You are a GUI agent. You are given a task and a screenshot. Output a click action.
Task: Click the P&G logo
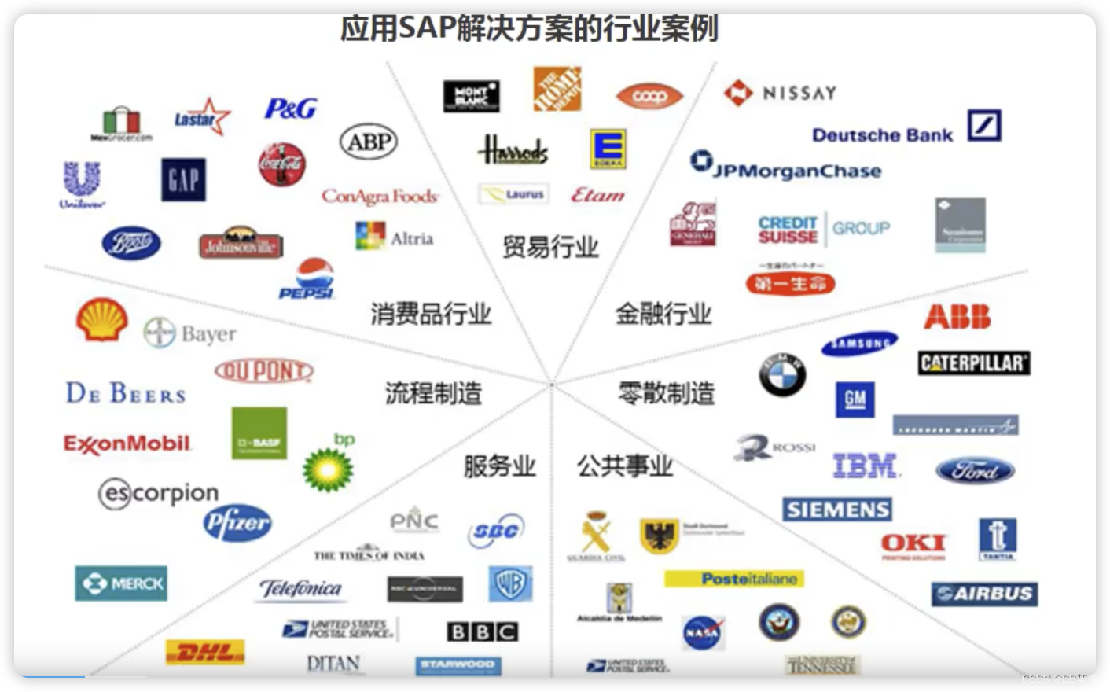point(291,109)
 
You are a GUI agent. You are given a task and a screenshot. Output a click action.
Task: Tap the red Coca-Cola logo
point(281,164)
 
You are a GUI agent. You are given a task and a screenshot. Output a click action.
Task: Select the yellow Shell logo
point(102,320)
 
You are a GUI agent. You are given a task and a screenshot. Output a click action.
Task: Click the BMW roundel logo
point(782,374)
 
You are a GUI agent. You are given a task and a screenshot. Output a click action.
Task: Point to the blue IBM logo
point(866,466)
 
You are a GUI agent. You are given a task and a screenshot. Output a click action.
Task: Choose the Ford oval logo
point(975,470)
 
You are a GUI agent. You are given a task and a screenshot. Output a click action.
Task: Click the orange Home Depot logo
point(557,89)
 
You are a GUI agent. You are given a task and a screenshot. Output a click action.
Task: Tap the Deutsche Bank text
point(882,135)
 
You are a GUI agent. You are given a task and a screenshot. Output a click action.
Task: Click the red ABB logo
point(957,317)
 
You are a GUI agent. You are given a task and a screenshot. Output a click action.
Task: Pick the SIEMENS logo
point(837,510)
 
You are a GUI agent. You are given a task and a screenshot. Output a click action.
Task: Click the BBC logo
point(482,631)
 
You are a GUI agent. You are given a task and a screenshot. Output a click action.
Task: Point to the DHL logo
point(205,652)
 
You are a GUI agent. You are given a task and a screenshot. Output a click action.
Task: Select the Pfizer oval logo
point(237,522)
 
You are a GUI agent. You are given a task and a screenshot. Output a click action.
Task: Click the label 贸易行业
point(550,247)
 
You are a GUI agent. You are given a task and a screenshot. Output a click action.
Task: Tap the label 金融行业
point(663,314)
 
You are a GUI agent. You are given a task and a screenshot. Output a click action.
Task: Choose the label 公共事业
point(625,466)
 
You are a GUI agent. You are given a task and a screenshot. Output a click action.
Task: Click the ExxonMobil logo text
point(127,444)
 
